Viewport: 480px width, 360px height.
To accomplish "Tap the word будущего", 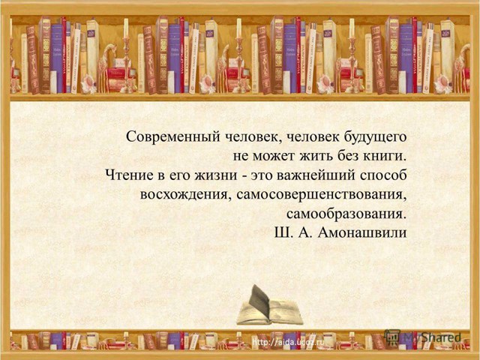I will click(375, 137).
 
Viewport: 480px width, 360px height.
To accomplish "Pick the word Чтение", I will click(130, 176).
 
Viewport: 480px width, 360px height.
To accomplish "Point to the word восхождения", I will click(183, 195).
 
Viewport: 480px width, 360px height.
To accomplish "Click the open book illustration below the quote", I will click(268, 305).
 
